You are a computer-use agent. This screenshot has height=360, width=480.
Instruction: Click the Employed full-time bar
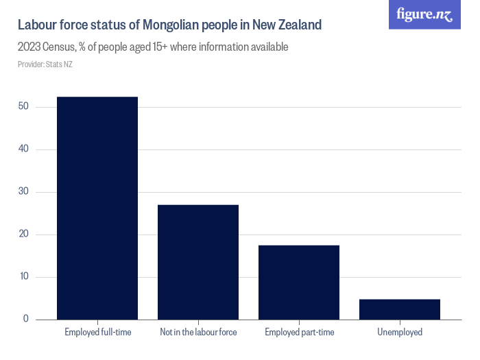[x=97, y=208]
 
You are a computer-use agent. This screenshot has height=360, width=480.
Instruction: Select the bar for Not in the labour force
[x=198, y=262]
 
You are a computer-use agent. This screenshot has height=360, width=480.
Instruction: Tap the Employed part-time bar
[x=299, y=282]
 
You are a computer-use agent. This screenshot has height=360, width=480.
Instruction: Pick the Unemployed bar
[x=400, y=309]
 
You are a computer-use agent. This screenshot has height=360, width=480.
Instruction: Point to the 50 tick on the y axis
[x=23, y=107]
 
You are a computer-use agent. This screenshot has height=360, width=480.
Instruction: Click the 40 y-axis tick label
[x=23, y=149]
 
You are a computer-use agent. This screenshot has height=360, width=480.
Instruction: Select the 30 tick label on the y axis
[x=23, y=192]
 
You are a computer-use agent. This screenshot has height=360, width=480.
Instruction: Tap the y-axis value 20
[x=23, y=235]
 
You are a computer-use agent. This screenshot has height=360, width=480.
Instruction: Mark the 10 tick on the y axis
[x=23, y=277]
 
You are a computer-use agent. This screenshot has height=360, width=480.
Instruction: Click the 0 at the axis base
[x=26, y=319]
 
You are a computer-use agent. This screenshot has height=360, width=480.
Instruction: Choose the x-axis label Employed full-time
[x=97, y=333]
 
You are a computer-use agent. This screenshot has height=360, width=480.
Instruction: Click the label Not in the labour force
[x=198, y=333]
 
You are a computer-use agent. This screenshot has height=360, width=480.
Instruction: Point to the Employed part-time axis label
[x=299, y=333]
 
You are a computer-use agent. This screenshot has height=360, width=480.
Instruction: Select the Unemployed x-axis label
[x=400, y=333]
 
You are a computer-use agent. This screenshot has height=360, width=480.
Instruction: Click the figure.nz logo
[x=425, y=14]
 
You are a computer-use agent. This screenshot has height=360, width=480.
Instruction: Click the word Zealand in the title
[x=298, y=25]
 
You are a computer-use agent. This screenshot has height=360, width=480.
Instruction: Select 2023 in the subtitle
[x=30, y=47]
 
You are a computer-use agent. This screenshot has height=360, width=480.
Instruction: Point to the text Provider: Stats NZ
[x=45, y=64]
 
